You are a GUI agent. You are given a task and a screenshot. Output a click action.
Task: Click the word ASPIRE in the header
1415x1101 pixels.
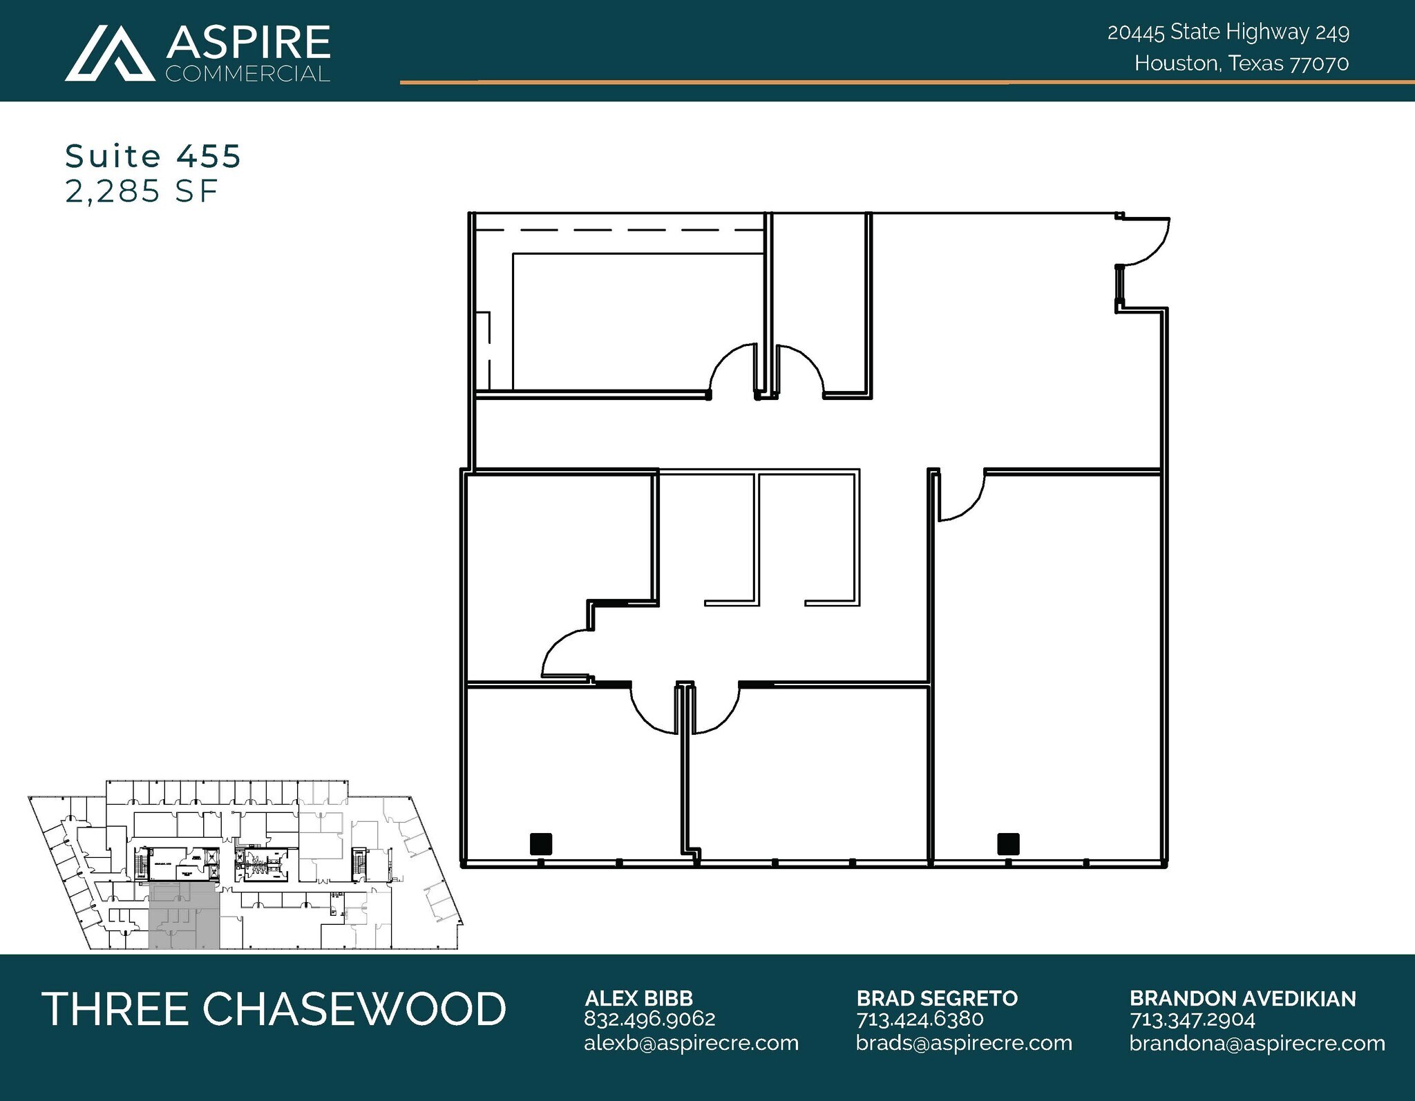click(x=248, y=43)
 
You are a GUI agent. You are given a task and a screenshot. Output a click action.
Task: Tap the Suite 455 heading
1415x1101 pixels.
click(x=153, y=156)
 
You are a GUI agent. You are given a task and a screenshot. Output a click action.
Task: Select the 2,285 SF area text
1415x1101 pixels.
click(x=142, y=191)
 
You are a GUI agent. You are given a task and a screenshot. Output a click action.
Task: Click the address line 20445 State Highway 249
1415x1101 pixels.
click(x=1228, y=32)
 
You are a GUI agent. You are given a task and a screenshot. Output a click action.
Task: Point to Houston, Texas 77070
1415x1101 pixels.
click(x=1241, y=64)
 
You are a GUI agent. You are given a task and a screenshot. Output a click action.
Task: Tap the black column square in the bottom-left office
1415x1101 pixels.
click(x=540, y=843)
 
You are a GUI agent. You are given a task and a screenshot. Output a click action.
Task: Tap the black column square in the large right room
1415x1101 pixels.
click(x=1008, y=843)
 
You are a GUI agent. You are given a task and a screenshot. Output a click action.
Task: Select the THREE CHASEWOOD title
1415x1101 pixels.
click(x=274, y=1008)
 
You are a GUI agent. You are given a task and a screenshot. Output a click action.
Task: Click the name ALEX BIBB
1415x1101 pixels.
click(x=638, y=998)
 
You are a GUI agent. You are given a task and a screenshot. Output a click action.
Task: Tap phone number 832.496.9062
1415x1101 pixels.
click(x=649, y=1019)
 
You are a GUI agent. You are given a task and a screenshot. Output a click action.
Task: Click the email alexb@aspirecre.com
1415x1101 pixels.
click(x=691, y=1043)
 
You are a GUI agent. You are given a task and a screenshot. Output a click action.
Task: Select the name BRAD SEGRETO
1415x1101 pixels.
click(x=937, y=998)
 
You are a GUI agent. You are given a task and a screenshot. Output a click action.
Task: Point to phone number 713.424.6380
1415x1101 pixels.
click(x=920, y=1019)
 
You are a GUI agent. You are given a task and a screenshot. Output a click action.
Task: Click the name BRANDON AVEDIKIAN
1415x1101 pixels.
click(x=1242, y=998)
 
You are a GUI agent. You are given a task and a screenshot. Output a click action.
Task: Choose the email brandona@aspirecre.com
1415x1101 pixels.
click(x=1257, y=1043)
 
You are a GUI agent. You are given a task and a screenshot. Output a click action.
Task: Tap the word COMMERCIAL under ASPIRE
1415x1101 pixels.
click(x=248, y=74)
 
